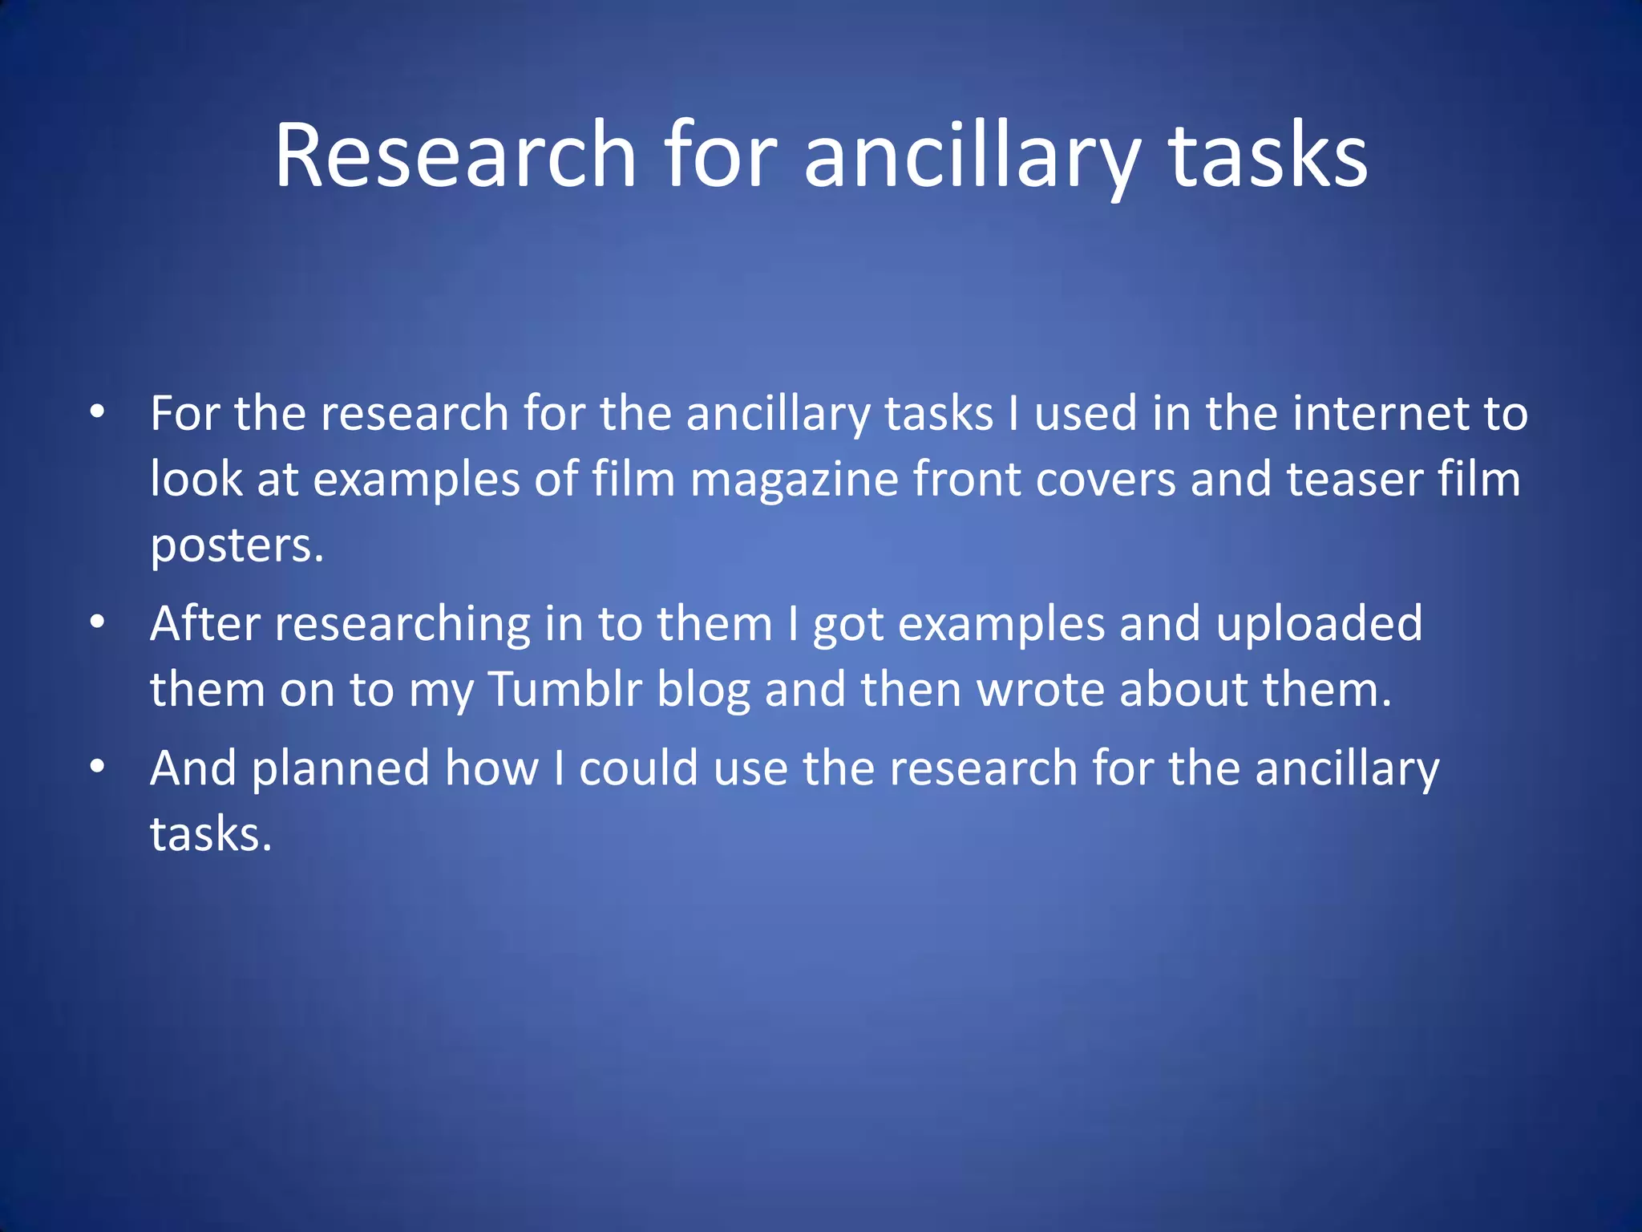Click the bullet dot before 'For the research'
pos(97,413)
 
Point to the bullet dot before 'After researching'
pos(97,622)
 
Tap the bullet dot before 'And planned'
pos(97,767)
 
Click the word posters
pos(237,545)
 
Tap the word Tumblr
pos(564,689)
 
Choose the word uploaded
pos(1319,623)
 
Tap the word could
pos(638,768)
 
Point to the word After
pos(204,623)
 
